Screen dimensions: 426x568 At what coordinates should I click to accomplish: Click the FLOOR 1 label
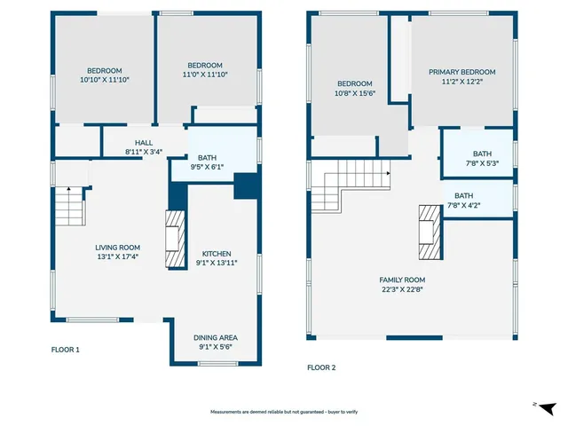click(x=65, y=350)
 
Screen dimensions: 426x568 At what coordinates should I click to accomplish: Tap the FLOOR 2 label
click(x=321, y=367)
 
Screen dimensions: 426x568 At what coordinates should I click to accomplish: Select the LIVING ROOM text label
click(x=117, y=248)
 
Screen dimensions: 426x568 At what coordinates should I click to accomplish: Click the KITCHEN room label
click(x=216, y=253)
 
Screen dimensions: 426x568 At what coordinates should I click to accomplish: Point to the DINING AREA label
click(x=216, y=337)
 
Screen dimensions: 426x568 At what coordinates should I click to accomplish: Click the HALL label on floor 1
click(x=144, y=143)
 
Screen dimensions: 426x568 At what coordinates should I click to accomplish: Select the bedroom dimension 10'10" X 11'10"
click(x=104, y=80)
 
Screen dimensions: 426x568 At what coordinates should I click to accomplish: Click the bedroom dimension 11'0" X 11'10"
click(x=204, y=74)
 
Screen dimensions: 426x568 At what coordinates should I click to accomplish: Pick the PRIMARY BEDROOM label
click(x=461, y=72)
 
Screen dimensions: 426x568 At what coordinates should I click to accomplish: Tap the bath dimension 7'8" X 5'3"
click(x=481, y=162)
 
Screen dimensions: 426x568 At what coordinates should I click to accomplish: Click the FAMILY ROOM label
click(x=402, y=279)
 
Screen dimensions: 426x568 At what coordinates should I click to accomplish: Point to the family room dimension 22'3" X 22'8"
click(x=402, y=288)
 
